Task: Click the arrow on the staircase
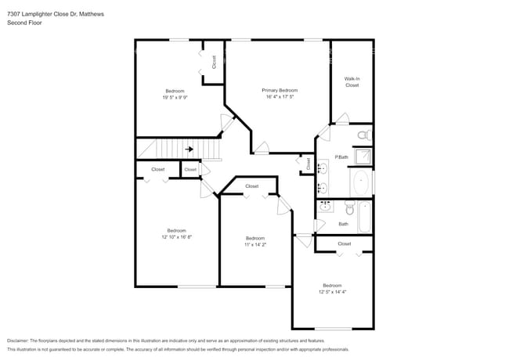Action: [x=189, y=148]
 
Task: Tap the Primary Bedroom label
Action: [x=280, y=91]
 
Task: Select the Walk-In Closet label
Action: [x=352, y=82]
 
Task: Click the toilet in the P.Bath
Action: [x=363, y=135]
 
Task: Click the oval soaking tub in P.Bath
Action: [x=361, y=185]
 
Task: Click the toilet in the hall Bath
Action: [x=348, y=209]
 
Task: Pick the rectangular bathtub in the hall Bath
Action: [x=364, y=218]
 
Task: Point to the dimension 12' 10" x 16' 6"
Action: [x=176, y=236]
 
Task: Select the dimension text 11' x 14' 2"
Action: [x=256, y=244]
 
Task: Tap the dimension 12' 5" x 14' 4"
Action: [x=332, y=291]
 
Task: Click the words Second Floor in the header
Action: [x=24, y=23]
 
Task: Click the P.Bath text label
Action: [x=341, y=157]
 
